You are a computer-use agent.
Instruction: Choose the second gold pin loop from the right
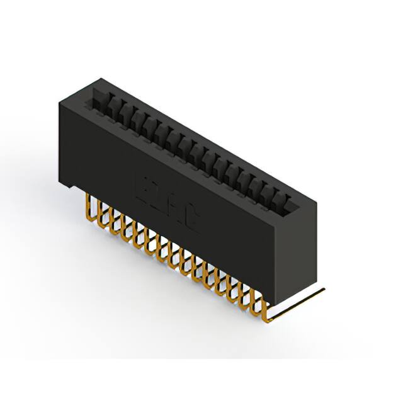(256, 298)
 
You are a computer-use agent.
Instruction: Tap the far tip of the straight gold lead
(324, 290)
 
